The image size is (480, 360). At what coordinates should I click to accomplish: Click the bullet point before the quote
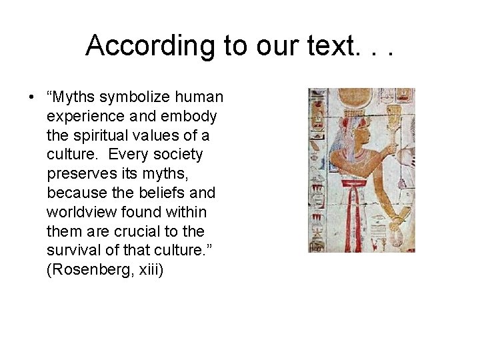31,97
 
